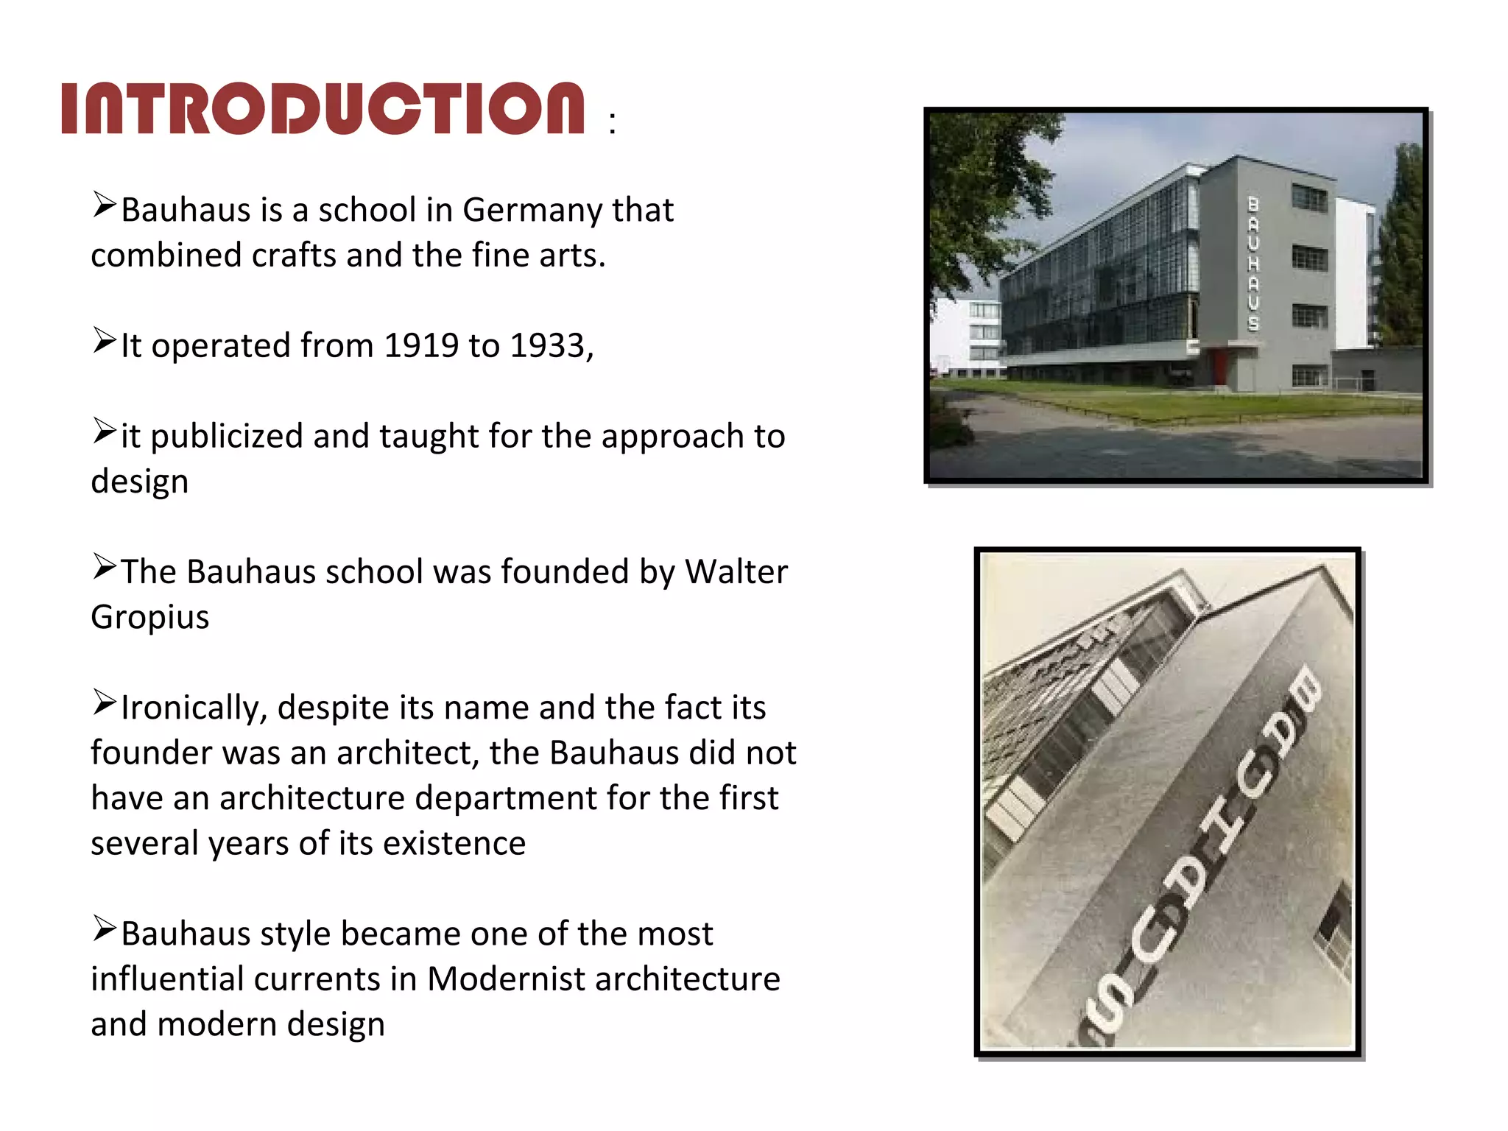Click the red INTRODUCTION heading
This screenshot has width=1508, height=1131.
point(323,108)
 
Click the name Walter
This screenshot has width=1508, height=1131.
point(736,572)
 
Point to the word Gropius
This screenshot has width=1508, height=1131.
point(149,618)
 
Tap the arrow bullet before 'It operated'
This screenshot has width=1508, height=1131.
point(105,340)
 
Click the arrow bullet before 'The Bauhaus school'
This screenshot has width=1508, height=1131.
point(105,567)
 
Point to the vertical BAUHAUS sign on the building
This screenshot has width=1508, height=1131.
point(1253,263)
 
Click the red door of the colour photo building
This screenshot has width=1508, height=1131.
point(1221,366)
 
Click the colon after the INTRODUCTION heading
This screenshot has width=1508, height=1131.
point(612,123)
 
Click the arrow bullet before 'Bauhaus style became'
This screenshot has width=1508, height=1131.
point(105,929)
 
